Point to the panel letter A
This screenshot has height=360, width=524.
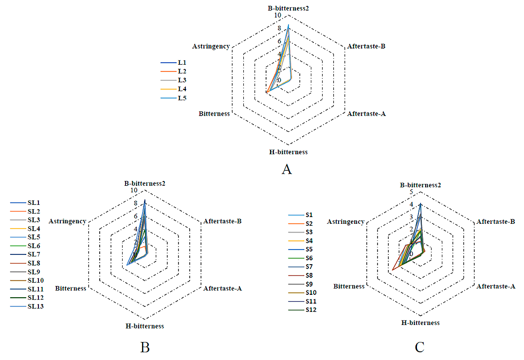[287, 170]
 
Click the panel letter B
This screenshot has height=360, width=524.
[145, 347]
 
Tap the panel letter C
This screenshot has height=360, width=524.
[419, 347]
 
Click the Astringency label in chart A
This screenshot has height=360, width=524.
[211, 46]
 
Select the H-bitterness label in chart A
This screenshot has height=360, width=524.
[289, 152]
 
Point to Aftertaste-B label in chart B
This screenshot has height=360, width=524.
[223, 221]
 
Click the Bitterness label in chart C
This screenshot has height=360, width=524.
[349, 286]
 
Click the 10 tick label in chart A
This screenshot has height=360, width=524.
[277, 16]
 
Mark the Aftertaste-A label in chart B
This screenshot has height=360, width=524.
[223, 288]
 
